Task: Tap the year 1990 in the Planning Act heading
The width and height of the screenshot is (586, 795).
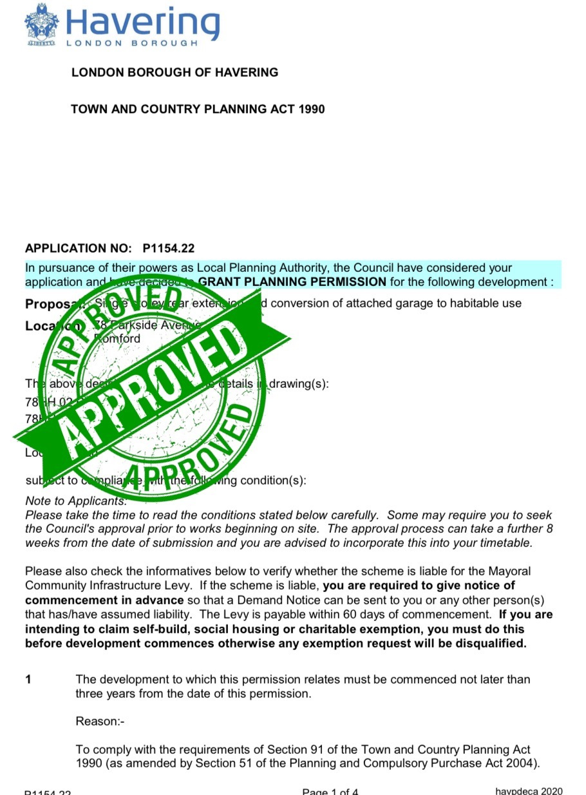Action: coord(312,109)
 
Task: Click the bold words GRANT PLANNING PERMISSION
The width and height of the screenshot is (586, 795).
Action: coord(292,282)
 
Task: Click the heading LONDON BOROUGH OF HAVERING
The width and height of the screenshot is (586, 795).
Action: coord(175,72)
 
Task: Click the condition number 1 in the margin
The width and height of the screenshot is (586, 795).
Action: coord(28,680)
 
